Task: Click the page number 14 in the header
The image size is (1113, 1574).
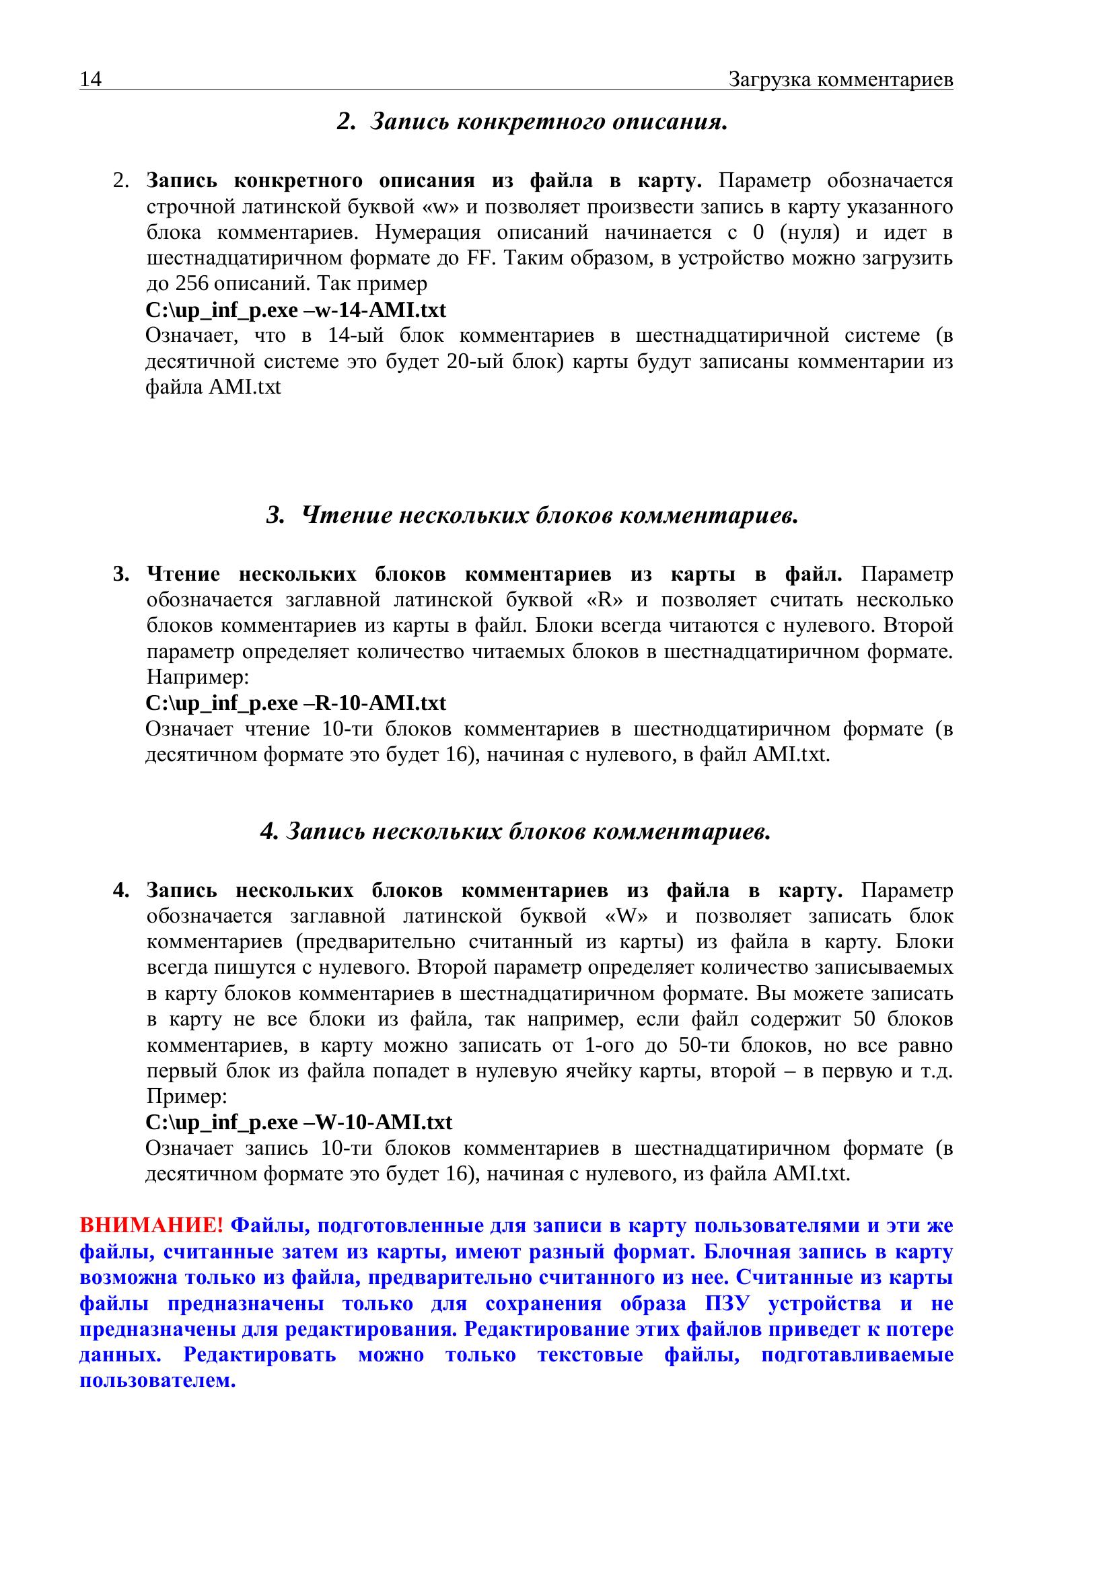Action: (x=90, y=80)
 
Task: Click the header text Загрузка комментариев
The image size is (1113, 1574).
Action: (x=840, y=80)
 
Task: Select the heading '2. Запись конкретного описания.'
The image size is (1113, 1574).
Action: (x=532, y=122)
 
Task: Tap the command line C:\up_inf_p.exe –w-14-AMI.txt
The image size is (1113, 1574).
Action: (x=295, y=310)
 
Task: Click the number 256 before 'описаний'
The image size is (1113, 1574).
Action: (x=192, y=284)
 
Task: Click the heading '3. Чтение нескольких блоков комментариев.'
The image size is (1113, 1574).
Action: (x=532, y=515)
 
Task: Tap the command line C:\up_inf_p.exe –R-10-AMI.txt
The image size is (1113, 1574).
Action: (x=295, y=703)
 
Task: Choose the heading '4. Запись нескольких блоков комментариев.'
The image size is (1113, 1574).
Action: (x=515, y=832)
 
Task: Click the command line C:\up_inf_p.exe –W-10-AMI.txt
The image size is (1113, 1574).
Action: (x=299, y=1122)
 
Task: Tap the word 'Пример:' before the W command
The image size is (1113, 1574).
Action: (x=186, y=1096)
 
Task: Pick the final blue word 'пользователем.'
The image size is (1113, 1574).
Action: (x=157, y=1380)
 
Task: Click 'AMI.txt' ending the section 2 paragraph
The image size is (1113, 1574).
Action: (x=245, y=388)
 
